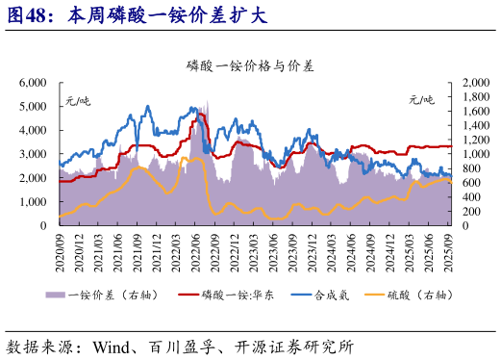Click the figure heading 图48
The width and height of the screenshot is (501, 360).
(x=27, y=16)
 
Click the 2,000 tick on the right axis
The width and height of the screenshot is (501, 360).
(x=474, y=84)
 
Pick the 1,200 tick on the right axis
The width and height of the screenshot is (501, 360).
(x=474, y=141)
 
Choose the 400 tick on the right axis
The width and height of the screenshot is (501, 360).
(x=471, y=196)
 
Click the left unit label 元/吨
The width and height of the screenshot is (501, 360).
(x=77, y=98)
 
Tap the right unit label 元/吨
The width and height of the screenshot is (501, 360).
(x=421, y=98)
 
